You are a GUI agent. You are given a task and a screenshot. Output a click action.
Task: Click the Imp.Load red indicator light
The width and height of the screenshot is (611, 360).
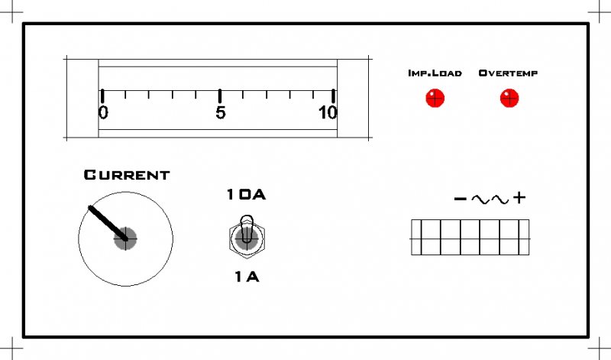pyautogui.click(x=435, y=98)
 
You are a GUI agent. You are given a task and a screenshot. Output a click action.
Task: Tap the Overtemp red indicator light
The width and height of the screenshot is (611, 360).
pyautogui.click(x=509, y=98)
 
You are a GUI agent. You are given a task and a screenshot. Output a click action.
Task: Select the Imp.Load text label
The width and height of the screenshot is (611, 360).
pyautogui.click(x=435, y=73)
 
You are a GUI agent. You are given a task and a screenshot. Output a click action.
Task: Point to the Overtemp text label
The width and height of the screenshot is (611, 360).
pyautogui.click(x=508, y=73)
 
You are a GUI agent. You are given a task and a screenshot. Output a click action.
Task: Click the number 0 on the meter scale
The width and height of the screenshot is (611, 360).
pyautogui.click(x=103, y=112)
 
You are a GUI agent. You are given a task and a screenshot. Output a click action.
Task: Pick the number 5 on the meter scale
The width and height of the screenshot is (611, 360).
pyautogui.click(x=221, y=112)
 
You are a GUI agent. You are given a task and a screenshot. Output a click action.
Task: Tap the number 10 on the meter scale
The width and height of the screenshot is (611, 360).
pyautogui.click(x=328, y=112)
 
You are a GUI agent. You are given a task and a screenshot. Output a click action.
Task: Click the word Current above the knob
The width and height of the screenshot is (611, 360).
pyautogui.click(x=127, y=175)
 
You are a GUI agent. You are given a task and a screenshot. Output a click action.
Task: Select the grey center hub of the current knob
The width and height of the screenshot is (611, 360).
pyautogui.click(x=125, y=238)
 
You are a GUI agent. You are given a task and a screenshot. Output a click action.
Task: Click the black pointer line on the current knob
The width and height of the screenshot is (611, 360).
pyautogui.click(x=108, y=222)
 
